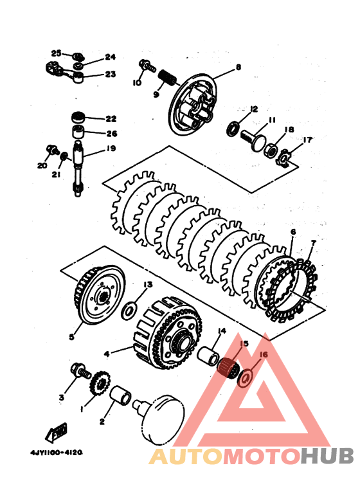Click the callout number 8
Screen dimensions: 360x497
(239, 68)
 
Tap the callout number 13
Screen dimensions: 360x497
(148, 284)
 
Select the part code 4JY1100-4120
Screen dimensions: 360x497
(57, 452)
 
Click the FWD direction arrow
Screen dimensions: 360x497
(57, 432)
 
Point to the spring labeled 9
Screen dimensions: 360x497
(166, 77)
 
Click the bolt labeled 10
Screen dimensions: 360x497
(147, 66)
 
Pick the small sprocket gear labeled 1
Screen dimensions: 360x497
(100, 384)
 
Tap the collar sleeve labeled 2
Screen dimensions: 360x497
(120, 395)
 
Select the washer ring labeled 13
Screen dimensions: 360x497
(129, 311)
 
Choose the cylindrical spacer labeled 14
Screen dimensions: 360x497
(208, 356)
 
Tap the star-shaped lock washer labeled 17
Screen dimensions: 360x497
(283, 158)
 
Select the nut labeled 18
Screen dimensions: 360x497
(270, 149)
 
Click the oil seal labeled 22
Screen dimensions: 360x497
(78, 117)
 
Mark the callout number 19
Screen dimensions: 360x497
(111, 149)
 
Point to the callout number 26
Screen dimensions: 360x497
(112, 134)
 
